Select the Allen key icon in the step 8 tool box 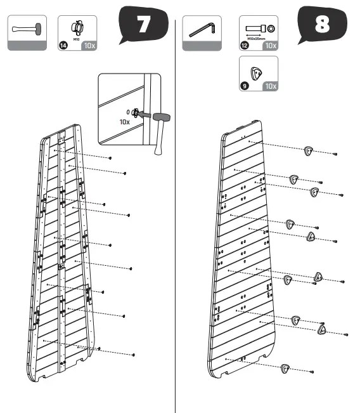tap(202, 29)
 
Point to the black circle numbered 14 tap(63, 45)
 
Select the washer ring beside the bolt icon tap(271, 28)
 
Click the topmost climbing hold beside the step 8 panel tap(308, 150)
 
